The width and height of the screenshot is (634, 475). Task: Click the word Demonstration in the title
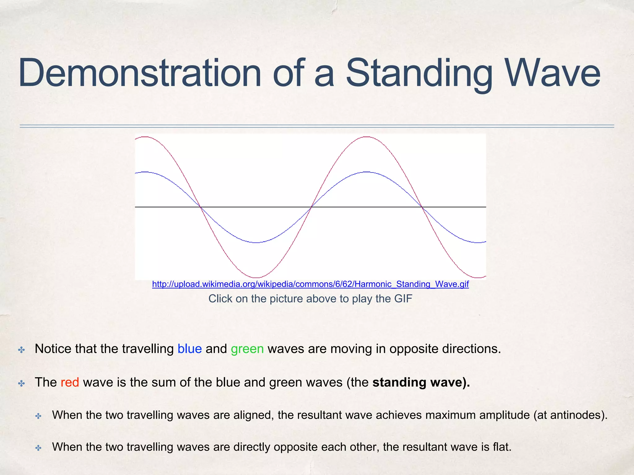pyautogui.click(x=139, y=74)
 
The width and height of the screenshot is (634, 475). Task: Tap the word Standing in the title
pyautogui.click(x=419, y=74)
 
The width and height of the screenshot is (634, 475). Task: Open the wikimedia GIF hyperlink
pyautogui.click(x=310, y=284)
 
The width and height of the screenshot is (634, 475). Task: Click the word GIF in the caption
pyautogui.click(x=403, y=299)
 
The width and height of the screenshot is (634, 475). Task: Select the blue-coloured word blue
pyautogui.click(x=189, y=349)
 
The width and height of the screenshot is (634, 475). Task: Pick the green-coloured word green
pyautogui.click(x=247, y=349)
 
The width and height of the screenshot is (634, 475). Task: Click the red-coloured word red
pyautogui.click(x=70, y=382)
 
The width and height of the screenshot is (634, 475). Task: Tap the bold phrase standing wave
pyautogui.click(x=421, y=382)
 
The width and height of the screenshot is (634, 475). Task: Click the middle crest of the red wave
pyautogui.click(x=367, y=137)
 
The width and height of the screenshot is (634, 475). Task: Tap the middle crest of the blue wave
pyautogui.click(x=367, y=172)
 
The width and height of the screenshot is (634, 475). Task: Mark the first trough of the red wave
pyautogui.click(x=256, y=277)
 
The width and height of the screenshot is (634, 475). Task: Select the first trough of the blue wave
pyautogui.click(x=256, y=242)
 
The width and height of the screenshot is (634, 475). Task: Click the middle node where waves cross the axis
pyautogui.click(x=311, y=207)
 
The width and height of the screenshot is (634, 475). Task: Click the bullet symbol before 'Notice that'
pyautogui.click(x=21, y=350)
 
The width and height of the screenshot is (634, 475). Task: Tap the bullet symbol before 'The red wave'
pyautogui.click(x=21, y=384)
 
